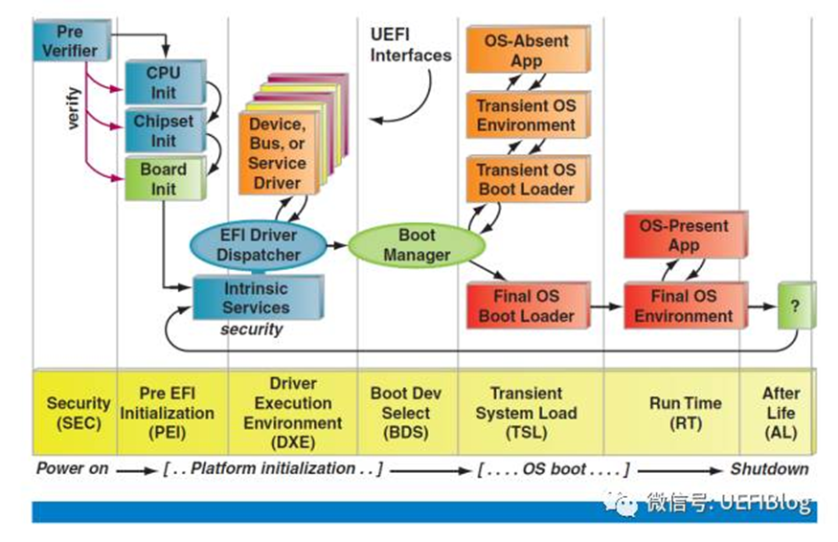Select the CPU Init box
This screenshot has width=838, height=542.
163,82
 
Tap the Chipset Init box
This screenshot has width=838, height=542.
163,131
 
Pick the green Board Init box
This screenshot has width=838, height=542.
163,179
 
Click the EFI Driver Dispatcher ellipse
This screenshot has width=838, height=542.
258,244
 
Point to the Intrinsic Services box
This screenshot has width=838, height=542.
256,298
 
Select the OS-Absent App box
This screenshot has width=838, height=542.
526,50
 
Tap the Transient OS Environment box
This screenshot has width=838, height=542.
526,115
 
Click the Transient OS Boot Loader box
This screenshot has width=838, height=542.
526,179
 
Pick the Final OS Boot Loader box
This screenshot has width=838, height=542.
526,305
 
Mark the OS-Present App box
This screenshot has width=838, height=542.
684,236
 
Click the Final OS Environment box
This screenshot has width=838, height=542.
684,305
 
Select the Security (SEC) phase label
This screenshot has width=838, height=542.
79,413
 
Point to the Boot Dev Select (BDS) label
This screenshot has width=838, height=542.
406,413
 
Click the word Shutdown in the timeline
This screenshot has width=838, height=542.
769,469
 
